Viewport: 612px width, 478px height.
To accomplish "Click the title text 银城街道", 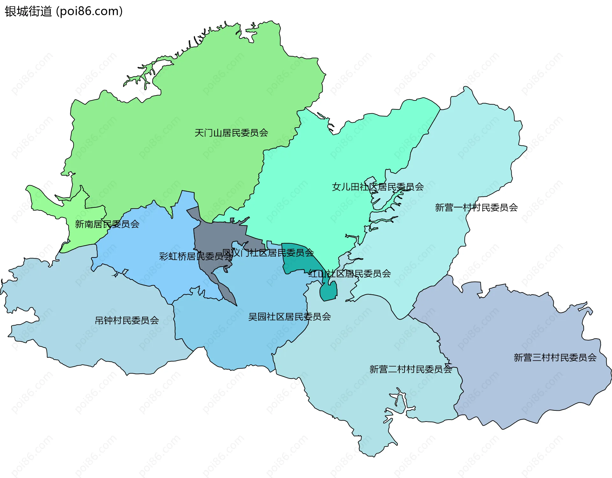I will (28, 11).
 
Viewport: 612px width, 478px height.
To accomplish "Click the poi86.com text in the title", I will (89, 11).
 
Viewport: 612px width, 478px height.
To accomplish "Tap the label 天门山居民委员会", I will (231, 133).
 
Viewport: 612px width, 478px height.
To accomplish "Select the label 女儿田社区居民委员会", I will (378, 187).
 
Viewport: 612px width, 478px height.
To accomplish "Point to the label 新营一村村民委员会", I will (476, 208).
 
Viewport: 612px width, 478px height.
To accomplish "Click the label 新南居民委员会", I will (107, 224).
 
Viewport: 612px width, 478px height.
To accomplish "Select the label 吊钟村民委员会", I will (127, 320).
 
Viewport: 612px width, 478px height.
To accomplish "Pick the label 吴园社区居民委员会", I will (289, 317).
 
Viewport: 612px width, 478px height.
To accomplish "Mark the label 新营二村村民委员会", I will (411, 369).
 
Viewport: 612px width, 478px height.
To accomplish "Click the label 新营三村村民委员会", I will (555, 357).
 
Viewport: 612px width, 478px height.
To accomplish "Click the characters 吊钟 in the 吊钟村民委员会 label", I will (104, 320).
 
